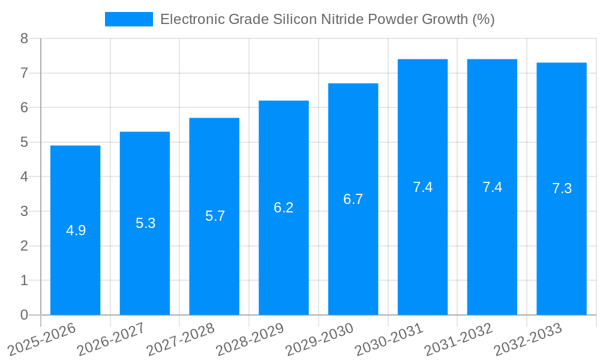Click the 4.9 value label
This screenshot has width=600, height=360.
(76, 230)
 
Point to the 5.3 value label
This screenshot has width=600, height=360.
(145, 223)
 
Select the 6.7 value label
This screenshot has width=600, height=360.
(353, 199)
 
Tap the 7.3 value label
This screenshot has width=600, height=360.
(562, 188)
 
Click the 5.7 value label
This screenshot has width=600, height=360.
(215, 216)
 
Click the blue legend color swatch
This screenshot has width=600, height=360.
(128, 19)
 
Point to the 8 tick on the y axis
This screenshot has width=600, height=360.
(24, 38)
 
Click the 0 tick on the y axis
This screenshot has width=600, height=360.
(24, 315)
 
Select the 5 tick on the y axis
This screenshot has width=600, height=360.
(24, 142)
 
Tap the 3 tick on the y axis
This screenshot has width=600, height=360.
(24, 211)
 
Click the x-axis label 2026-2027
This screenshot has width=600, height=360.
(112, 340)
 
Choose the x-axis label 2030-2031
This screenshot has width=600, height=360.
(389, 340)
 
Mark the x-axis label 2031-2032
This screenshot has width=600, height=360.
(459, 340)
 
